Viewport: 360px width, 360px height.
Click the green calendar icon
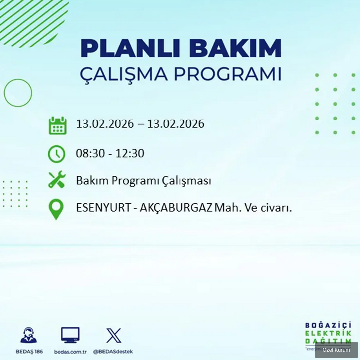57,125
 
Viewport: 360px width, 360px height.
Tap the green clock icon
57,153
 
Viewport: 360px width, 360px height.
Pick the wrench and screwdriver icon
57,180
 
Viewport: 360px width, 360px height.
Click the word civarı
275,208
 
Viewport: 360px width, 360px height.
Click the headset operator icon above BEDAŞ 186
28,334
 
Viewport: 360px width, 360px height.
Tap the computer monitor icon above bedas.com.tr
70,334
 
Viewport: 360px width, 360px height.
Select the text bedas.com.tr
70,351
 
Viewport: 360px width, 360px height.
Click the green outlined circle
18,92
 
